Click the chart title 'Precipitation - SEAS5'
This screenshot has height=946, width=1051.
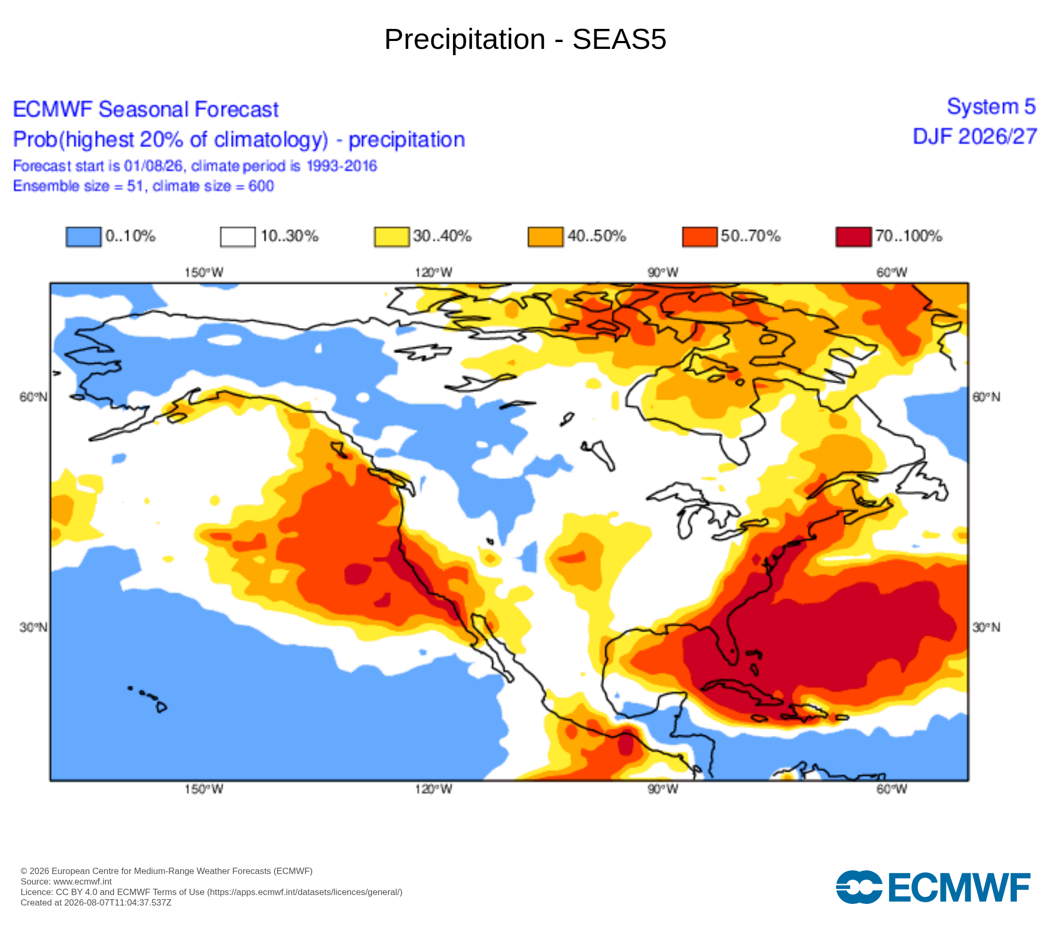(x=525, y=39)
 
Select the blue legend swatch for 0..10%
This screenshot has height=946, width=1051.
(x=84, y=236)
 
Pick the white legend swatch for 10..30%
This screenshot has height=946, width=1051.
(x=238, y=236)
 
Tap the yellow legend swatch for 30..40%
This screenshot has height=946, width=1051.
(x=391, y=236)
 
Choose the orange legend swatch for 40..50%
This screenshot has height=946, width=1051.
(x=545, y=236)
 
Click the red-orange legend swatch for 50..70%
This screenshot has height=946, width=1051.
(x=699, y=236)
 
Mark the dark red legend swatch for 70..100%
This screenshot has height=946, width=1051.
(x=853, y=236)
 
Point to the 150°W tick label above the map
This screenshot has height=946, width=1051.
(x=204, y=272)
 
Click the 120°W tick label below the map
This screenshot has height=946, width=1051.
(x=434, y=789)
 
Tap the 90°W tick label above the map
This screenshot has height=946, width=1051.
(x=663, y=272)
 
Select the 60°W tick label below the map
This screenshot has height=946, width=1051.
(x=892, y=789)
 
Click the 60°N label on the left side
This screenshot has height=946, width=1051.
(x=33, y=397)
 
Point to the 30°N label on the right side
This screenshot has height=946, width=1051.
(x=986, y=627)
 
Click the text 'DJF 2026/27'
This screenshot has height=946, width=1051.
(x=975, y=137)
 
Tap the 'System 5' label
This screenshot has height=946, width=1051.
(x=991, y=107)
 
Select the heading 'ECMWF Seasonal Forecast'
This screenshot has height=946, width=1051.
(x=146, y=109)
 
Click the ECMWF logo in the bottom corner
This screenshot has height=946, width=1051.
(x=933, y=887)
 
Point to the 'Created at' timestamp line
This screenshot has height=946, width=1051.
(x=96, y=902)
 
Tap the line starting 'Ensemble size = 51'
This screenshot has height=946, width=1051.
(x=143, y=186)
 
